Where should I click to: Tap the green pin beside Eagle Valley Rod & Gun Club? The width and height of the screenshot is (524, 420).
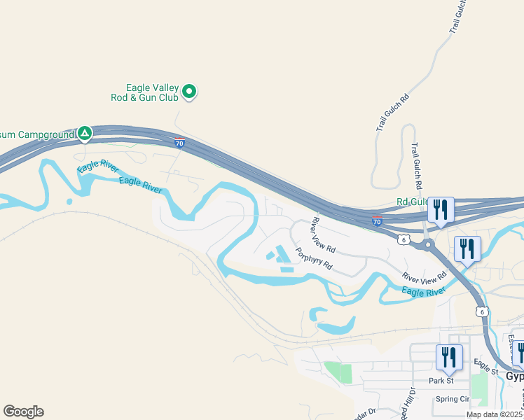[189, 91]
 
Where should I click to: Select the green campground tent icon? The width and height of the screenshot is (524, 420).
[85, 132]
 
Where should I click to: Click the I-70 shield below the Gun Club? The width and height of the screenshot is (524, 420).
[180, 143]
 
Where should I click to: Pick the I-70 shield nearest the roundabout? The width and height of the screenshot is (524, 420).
[377, 222]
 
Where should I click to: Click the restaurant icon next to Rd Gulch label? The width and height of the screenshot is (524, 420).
[441, 209]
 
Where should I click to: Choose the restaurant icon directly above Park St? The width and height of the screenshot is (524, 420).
[449, 357]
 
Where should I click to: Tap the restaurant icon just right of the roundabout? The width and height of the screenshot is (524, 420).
[467, 248]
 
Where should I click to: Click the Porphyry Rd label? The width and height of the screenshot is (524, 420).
[312, 260]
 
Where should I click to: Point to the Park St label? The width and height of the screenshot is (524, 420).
[441, 381]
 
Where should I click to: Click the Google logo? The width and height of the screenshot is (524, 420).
[23, 412]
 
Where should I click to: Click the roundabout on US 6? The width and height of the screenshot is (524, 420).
[427, 244]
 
